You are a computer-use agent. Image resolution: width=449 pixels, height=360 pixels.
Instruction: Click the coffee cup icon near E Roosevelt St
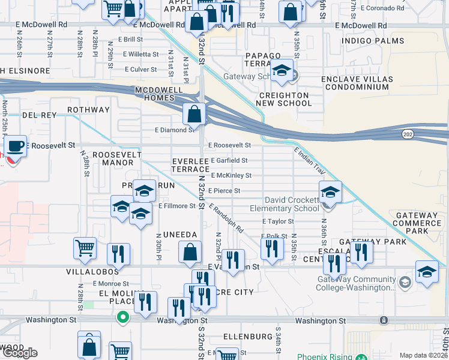(15, 146)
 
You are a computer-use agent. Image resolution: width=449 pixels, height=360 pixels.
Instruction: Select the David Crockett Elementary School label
(292, 204)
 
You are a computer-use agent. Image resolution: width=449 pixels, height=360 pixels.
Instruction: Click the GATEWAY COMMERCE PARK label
(417, 223)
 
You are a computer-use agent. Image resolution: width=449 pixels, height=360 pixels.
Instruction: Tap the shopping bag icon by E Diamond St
(195, 113)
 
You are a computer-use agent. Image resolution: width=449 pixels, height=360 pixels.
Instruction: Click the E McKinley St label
(231, 176)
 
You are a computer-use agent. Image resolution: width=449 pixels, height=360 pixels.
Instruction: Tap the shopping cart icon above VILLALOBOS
(85, 248)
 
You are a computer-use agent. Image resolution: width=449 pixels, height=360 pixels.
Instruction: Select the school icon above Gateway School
(281, 71)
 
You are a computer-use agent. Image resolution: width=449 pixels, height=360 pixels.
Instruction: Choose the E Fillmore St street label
(177, 206)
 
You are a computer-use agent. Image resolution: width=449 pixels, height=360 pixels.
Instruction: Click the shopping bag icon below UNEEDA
(190, 253)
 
